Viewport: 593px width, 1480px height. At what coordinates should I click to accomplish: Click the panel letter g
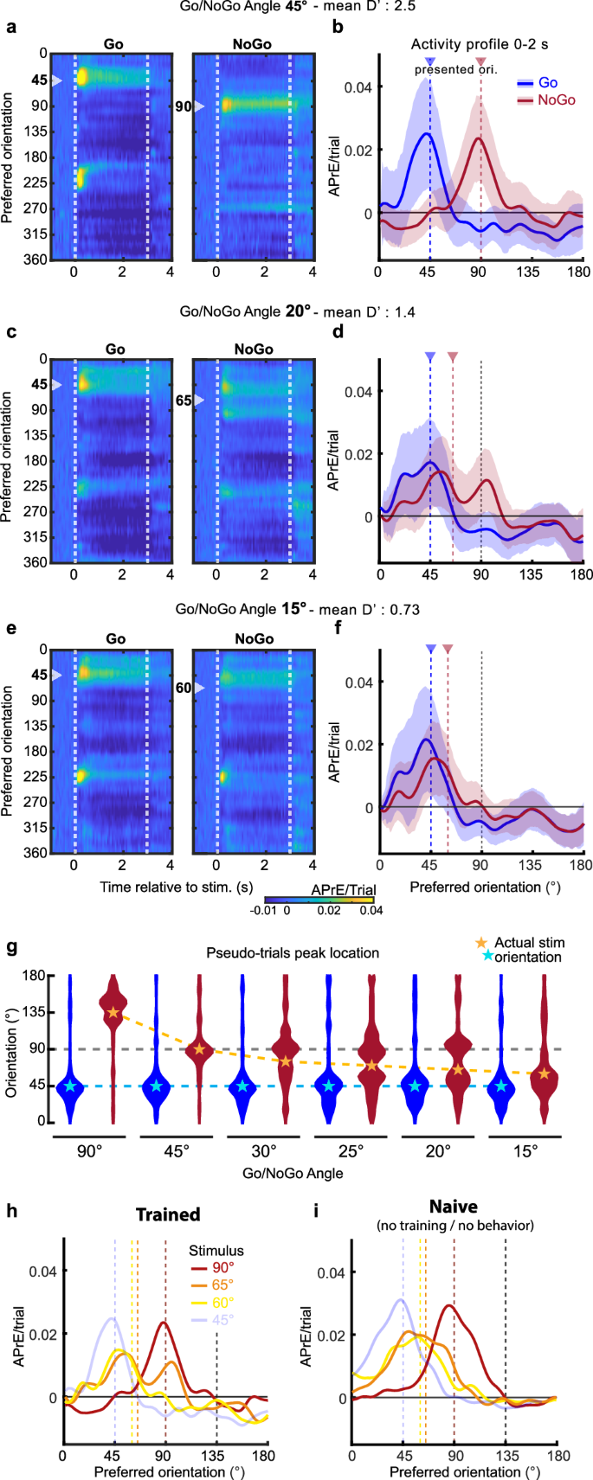click(11, 947)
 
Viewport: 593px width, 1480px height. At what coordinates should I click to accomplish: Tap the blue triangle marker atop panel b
click(430, 61)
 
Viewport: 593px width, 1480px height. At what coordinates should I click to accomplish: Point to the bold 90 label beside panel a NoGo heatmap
click(183, 106)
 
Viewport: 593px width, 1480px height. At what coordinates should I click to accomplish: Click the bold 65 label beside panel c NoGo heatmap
click(183, 400)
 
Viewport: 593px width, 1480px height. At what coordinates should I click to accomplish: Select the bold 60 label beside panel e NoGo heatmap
click(183, 688)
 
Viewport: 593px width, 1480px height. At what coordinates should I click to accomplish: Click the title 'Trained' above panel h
click(168, 1214)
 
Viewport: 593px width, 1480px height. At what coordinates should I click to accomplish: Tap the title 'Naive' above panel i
click(454, 1206)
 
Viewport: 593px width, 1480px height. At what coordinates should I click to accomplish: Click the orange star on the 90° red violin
click(113, 1011)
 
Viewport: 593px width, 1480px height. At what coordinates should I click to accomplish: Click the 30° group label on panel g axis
click(264, 1151)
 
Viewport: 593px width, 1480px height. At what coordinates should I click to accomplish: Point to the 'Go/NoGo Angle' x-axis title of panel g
click(293, 1173)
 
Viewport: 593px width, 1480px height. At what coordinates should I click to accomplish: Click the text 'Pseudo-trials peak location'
click(293, 952)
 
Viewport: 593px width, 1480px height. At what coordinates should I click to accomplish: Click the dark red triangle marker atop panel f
click(448, 649)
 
